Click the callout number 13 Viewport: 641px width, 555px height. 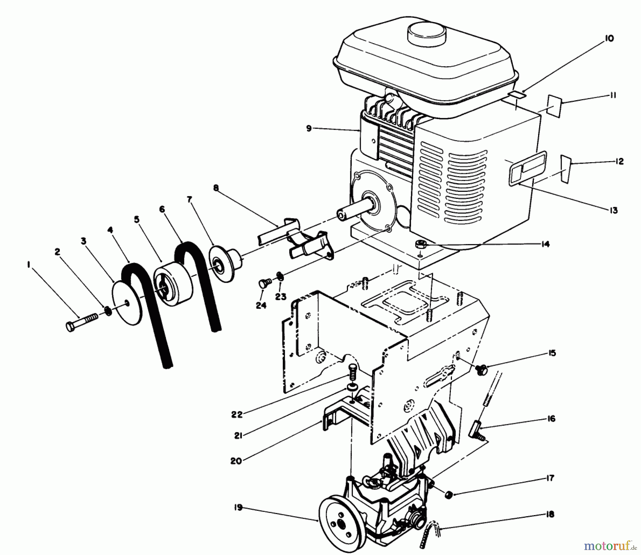tap(613, 210)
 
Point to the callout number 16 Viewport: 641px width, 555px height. tap(551, 419)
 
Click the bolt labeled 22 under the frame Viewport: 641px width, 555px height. tap(353, 372)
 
